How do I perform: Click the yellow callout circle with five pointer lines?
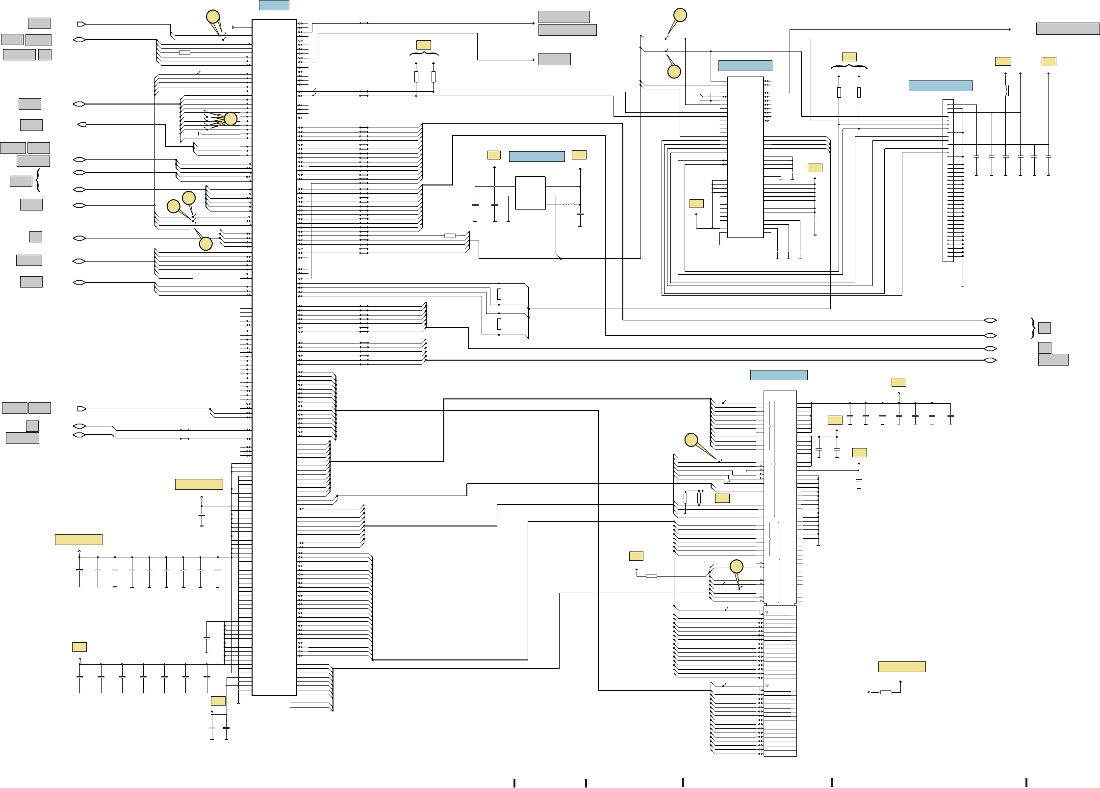(x=230, y=118)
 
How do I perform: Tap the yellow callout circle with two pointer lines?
(x=213, y=17)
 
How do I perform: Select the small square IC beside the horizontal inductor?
(x=530, y=193)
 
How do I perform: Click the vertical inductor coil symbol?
(x=1006, y=90)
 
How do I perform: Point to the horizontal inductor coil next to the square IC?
(x=569, y=205)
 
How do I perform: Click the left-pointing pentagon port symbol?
(x=82, y=125)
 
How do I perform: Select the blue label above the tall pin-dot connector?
(x=940, y=86)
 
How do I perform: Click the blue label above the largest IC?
(x=274, y=5)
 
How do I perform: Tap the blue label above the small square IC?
(x=537, y=157)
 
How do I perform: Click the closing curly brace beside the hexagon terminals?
(x=1033, y=328)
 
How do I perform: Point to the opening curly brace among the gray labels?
(x=38, y=181)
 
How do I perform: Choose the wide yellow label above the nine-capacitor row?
(x=78, y=540)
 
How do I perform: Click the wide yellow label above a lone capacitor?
(x=199, y=484)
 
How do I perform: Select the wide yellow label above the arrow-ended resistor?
(x=901, y=667)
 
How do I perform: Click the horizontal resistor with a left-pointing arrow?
(x=886, y=692)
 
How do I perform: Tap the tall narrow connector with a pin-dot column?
(x=947, y=181)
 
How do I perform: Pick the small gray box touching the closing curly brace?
(x=1044, y=328)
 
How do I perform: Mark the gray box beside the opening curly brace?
(x=21, y=181)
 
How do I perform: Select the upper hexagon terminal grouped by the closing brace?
(x=990, y=320)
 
